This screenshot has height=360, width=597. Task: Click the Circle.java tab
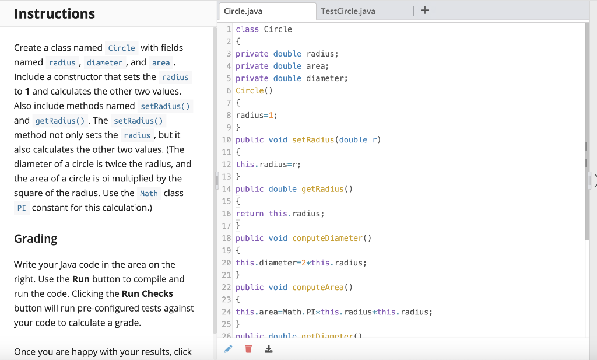pyautogui.click(x=243, y=11)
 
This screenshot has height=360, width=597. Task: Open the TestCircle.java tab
pyautogui.click(x=348, y=11)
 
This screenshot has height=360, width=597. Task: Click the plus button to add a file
pyautogui.click(x=424, y=11)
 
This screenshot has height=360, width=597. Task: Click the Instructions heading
pyautogui.click(x=54, y=13)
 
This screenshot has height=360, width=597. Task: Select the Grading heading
pyautogui.click(x=36, y=238)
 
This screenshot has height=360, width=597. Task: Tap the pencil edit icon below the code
pyautogui.click(x=229, y=349)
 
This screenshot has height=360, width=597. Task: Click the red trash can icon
pyautogui.click(x=248, y=349)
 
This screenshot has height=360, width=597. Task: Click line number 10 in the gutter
pyautogui.click(x=226, y=140)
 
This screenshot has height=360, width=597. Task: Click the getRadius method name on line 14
pyautogui.click(x=323, y=189)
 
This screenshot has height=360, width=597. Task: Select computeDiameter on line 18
pyautogui.click(x=328, y=238)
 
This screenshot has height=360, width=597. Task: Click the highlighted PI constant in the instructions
pyautogui.click(x=22, y=208)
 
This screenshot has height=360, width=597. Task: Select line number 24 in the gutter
pyautogui.click(x=226, y=312)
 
